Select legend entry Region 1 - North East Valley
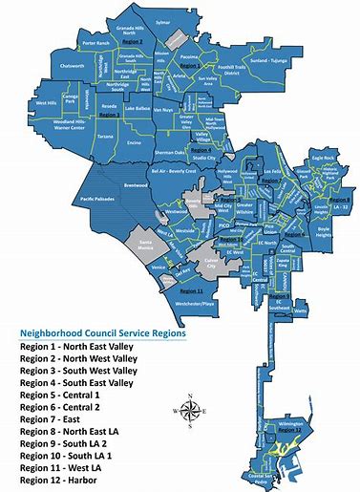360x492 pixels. tap(79, 351)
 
